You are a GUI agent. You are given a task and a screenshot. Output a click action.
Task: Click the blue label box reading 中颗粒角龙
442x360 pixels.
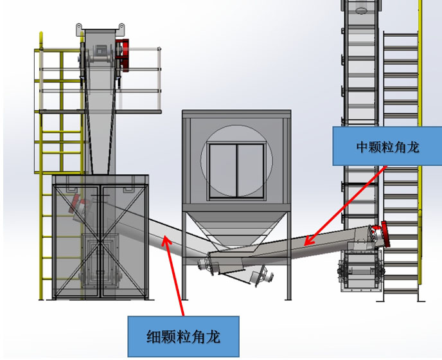387,147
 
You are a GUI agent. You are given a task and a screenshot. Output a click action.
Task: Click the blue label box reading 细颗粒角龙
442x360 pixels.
183,336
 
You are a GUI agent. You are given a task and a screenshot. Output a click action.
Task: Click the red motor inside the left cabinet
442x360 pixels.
79,205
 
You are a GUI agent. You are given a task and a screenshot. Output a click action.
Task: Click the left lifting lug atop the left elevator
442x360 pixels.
79,28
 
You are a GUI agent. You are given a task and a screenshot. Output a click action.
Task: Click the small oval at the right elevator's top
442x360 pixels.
360,10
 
